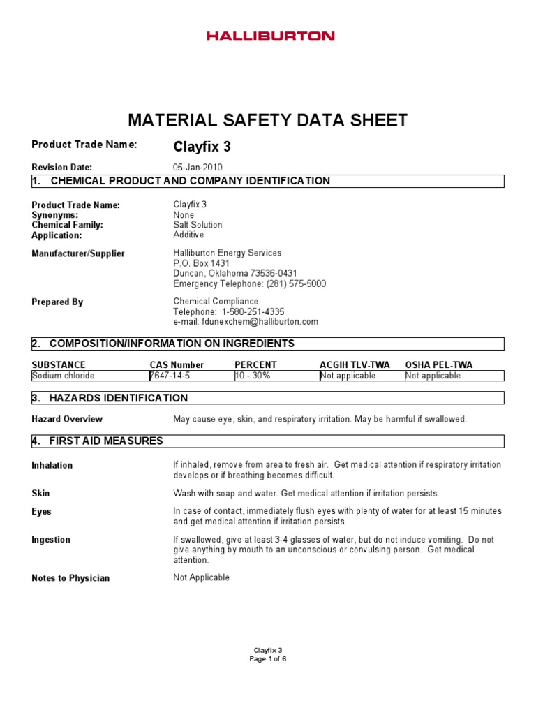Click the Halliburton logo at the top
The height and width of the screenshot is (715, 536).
point(270,36)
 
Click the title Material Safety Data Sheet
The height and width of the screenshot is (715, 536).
point(267,120)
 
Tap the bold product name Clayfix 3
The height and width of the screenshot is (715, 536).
point(202,147)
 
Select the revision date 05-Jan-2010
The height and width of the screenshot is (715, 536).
point(198,168)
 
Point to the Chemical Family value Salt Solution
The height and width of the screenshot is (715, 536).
point(198,225)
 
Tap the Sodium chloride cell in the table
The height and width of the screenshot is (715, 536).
point(64,376)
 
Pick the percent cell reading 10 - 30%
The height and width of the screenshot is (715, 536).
point(253,376)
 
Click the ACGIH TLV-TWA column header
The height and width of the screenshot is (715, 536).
point(355,364)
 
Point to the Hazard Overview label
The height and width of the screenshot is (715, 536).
point(67,419)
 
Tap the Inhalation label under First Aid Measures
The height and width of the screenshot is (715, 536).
point(52,465)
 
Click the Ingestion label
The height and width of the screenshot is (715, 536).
point(51,540)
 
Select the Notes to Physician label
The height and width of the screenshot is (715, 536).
point(70,578)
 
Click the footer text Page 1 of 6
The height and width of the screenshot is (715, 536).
point(268,658)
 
